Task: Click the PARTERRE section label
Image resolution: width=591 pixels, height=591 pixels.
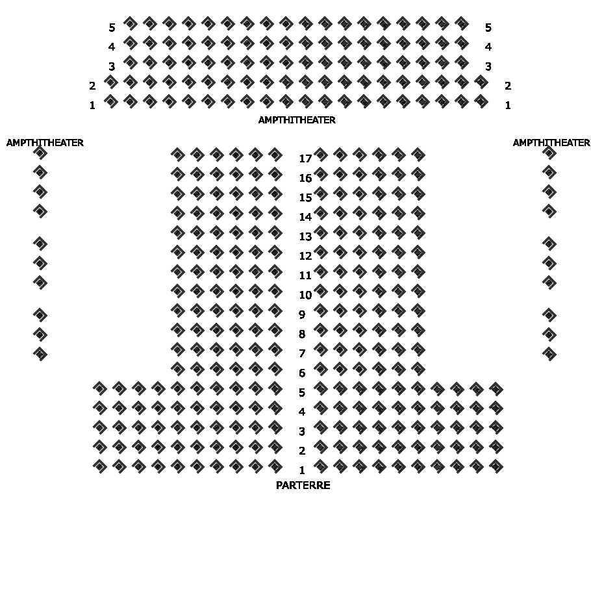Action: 303,485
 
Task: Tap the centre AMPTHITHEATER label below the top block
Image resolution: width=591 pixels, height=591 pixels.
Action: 297,120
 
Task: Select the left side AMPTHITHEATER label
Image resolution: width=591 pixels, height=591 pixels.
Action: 45,142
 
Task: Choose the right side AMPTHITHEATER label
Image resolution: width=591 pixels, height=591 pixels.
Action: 551,142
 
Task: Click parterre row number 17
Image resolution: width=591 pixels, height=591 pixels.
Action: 305,158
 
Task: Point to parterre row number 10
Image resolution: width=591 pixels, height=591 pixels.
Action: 305,295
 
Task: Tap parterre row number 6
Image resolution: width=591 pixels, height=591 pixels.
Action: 302,373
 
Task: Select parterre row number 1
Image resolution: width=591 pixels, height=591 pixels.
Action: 302,470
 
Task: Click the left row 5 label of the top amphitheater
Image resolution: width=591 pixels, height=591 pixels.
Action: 112,27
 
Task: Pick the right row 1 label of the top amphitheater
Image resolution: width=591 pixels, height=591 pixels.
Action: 508,105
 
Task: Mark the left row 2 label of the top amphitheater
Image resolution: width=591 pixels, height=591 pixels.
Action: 92,86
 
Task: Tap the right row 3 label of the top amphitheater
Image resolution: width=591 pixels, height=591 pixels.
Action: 488,66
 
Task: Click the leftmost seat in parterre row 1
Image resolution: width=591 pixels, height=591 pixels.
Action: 100,466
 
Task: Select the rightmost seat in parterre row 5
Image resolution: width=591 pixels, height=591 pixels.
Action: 496,388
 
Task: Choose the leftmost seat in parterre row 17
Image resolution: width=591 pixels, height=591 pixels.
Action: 177,155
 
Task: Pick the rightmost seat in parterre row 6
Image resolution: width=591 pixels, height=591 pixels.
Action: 418,369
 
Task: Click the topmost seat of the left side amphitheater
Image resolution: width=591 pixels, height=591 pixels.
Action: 40,153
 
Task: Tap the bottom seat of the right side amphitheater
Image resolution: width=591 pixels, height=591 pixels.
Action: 549,354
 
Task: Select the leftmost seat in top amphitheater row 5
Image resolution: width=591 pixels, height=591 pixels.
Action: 131,23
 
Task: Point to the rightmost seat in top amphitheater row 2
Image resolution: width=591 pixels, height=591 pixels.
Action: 481,82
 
